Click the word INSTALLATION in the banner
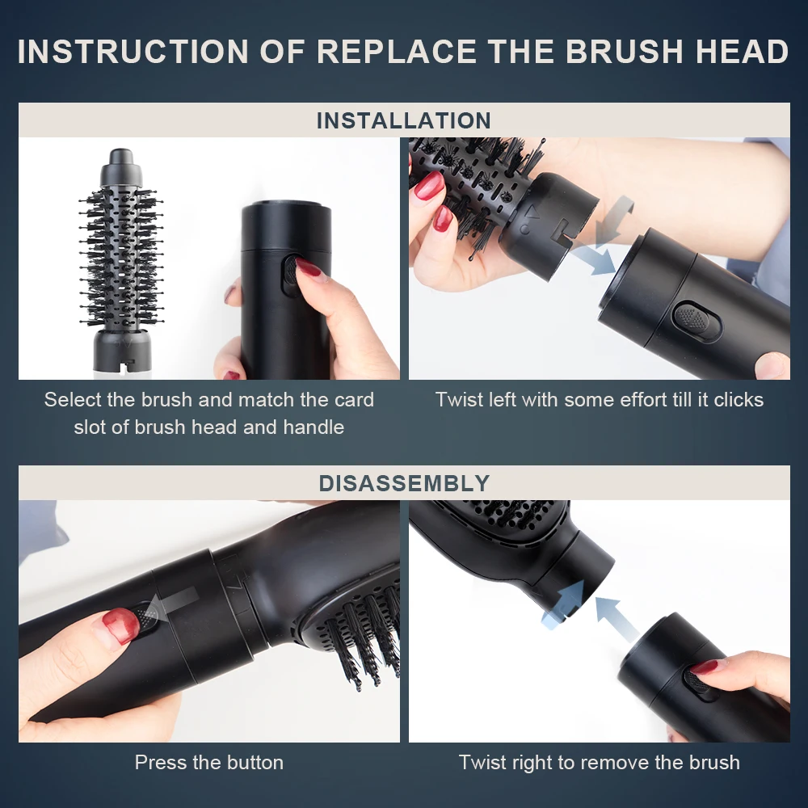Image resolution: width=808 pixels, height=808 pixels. pyautogui.click(x=403, y=121)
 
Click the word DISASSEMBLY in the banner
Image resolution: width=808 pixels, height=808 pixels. pyautogui.click(x=403, y=483)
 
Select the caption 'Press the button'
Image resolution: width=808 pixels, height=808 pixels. pyautogui.click(x=208, y=762)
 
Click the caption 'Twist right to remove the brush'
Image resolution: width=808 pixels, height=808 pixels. pyautogui.click(x=599, y=762)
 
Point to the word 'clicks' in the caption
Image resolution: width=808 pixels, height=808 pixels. pyautogui.click(x=736, y=399)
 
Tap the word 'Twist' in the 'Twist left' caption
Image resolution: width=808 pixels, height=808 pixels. pyautogui.click(x=458, y=399)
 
